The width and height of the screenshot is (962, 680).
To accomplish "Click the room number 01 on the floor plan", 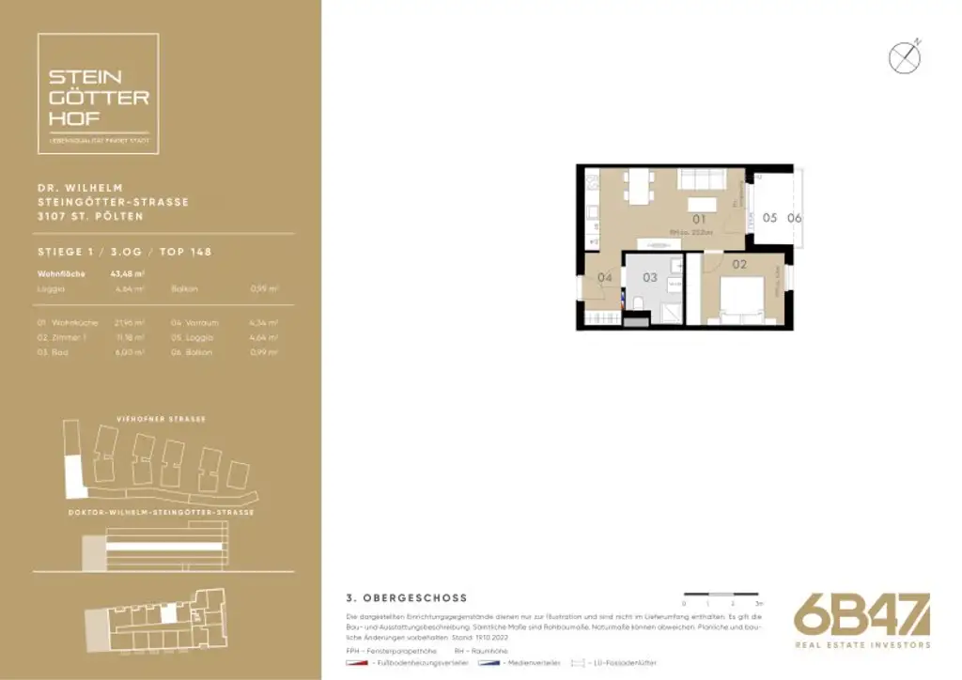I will coord(699,220).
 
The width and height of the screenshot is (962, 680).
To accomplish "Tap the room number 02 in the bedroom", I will coord(739,265).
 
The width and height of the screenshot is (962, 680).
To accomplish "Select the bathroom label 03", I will coord(650,278).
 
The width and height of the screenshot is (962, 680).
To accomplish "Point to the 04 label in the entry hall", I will coord(605,278).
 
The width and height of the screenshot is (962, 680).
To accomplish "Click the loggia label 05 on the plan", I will coord(769,218).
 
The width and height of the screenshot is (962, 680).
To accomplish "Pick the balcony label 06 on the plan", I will coord(795,218).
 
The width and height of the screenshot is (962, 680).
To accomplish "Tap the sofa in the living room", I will coord(700,180).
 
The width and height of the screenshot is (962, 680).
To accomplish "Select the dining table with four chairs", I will coord(638,187).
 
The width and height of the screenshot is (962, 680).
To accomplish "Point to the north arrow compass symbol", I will coord(905,58).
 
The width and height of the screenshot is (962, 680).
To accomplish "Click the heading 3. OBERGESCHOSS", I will coord(407,597).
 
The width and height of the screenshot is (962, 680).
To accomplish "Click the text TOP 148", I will coord(185,252).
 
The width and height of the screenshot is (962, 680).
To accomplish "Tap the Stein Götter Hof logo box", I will coord(98,94).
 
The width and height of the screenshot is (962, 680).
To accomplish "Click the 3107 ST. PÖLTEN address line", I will coord(90,216).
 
